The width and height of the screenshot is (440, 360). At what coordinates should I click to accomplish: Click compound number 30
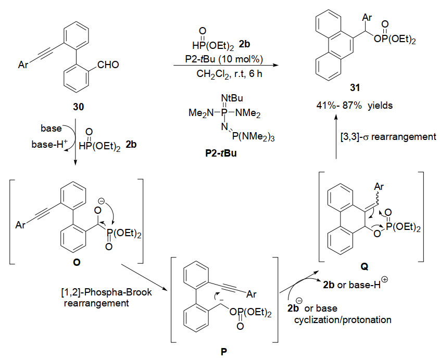tap(78, 107)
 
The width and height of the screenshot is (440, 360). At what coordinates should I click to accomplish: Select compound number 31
tap(355, 88)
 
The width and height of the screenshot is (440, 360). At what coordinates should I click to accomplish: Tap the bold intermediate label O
tap(77, 262)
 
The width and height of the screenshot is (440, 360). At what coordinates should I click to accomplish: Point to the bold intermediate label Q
tap(364, 266)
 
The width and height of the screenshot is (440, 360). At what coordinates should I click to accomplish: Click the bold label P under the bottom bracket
tap(224, 352)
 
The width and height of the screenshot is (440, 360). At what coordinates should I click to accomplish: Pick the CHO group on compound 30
tap(108, 65)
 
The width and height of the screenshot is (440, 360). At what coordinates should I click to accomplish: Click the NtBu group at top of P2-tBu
tap(232, 98)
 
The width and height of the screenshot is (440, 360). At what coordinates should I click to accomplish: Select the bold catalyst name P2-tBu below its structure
tap(221, 153)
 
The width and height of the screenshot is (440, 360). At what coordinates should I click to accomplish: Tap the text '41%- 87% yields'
tap(355, 106)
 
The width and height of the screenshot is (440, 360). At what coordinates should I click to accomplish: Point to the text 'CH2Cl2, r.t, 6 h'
tap(229, 74)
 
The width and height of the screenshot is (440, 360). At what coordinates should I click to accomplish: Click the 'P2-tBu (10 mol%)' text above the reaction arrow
tap(224, 59)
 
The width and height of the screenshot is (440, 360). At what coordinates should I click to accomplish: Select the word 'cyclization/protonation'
tap(343, 319)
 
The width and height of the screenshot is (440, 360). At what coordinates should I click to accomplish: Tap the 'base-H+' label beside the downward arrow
tap(49, 144)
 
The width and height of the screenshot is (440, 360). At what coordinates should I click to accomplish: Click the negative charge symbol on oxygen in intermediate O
tap(102, 201)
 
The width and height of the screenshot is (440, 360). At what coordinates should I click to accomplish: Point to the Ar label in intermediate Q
tap(379, 186)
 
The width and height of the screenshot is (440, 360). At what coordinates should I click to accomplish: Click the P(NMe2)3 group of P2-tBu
tap(253, 137)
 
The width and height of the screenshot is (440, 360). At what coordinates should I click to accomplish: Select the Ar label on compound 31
tap(367, 17)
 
